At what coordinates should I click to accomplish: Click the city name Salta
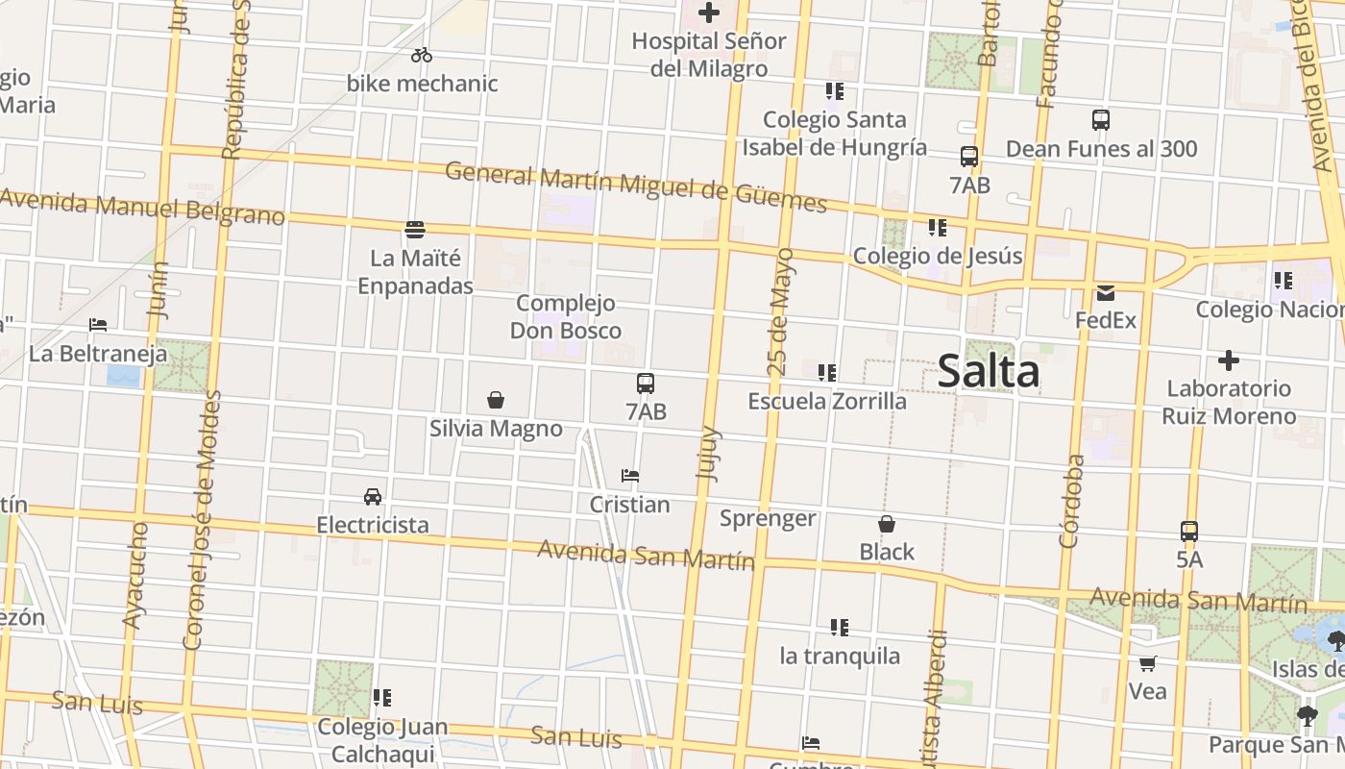point(988,371)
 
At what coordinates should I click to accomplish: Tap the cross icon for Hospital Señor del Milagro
point(709,12)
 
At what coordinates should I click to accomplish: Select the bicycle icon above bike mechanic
point(422,56)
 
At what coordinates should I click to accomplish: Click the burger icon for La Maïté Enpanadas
point(415,229)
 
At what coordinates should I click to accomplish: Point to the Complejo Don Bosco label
point(565,317)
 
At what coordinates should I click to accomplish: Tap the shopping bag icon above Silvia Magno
point(496,400)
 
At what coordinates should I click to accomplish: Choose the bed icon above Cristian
point(630,476)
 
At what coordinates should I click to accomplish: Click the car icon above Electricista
point(373,497)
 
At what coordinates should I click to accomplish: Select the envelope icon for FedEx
point(1106,292)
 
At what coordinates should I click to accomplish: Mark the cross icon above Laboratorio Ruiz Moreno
point(1228,360)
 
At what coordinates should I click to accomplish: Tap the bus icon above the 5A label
point(1189,532)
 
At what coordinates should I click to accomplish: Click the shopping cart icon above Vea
point(1147,663)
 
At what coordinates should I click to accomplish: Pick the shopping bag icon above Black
point(887,524)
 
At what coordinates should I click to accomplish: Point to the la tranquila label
point(840,657)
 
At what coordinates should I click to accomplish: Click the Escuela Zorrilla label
point(827,401)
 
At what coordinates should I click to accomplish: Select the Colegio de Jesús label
point(938,257)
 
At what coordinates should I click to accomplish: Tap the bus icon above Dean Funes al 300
point(1101,120)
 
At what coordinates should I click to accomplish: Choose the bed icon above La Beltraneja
point(98,325)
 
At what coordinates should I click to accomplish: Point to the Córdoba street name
point(1071,501)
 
